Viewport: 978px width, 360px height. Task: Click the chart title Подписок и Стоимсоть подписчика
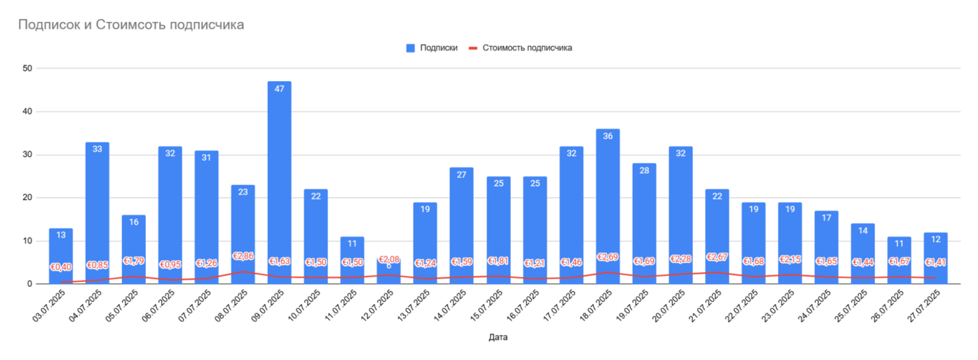pos(131,25)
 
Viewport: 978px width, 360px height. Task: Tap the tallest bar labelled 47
pos(280,183)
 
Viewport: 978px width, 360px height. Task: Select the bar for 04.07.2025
pos(97,212)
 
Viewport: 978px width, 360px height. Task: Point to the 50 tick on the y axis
pos(28,69)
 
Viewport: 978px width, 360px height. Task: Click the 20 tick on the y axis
pos(28,198)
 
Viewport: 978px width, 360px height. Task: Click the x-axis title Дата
pos(498,338)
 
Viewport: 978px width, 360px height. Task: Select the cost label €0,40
pos(61,267)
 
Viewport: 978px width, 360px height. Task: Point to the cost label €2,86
pos(243,256)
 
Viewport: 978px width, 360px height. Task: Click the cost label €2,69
pos(607,257)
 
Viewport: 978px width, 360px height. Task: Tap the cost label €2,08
pos(389,260)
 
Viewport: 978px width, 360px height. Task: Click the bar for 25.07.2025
pos(863,253)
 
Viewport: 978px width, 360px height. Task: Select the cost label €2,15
pos(790,259)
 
